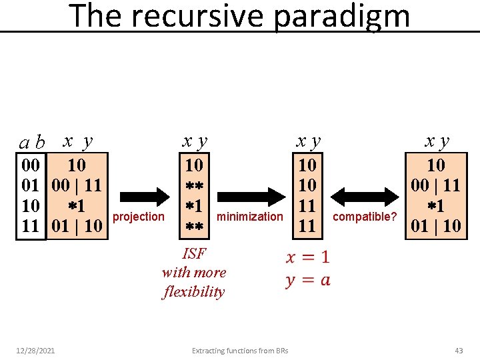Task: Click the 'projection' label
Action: [x=139, y=216]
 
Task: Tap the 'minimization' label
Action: [x=250, y=216]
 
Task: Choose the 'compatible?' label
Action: [x=364, y=217]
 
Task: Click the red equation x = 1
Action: [x=307, y=257]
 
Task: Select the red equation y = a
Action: [x=307, y=280]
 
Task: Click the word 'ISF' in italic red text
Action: [x=194, y=253]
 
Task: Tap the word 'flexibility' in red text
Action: [x=194, y=291]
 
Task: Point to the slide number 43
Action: [x=459, y=351]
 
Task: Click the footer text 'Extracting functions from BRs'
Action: [x=239, y=351]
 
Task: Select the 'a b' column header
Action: [x=31, y=142]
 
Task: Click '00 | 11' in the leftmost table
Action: [x=77, y=185]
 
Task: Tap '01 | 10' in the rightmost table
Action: [x=436, y=225]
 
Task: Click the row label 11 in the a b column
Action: [x=31, y=225]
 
